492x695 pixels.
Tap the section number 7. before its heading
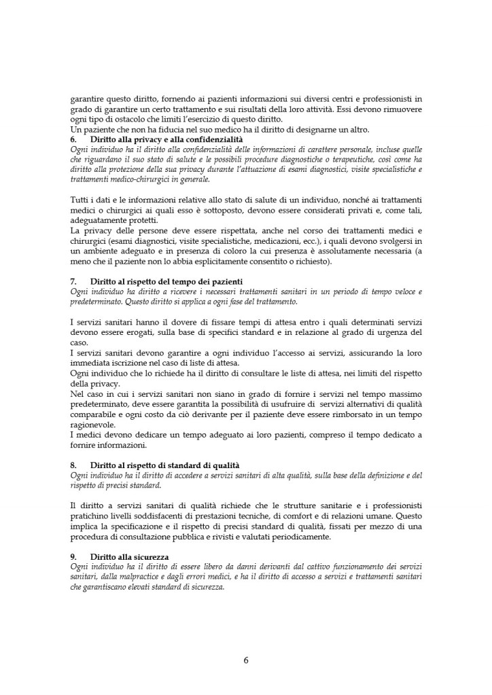[x=74, y=281]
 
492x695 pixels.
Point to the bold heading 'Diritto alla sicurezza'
[x=129, y=557]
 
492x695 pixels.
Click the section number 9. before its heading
[x=74, y=557]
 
